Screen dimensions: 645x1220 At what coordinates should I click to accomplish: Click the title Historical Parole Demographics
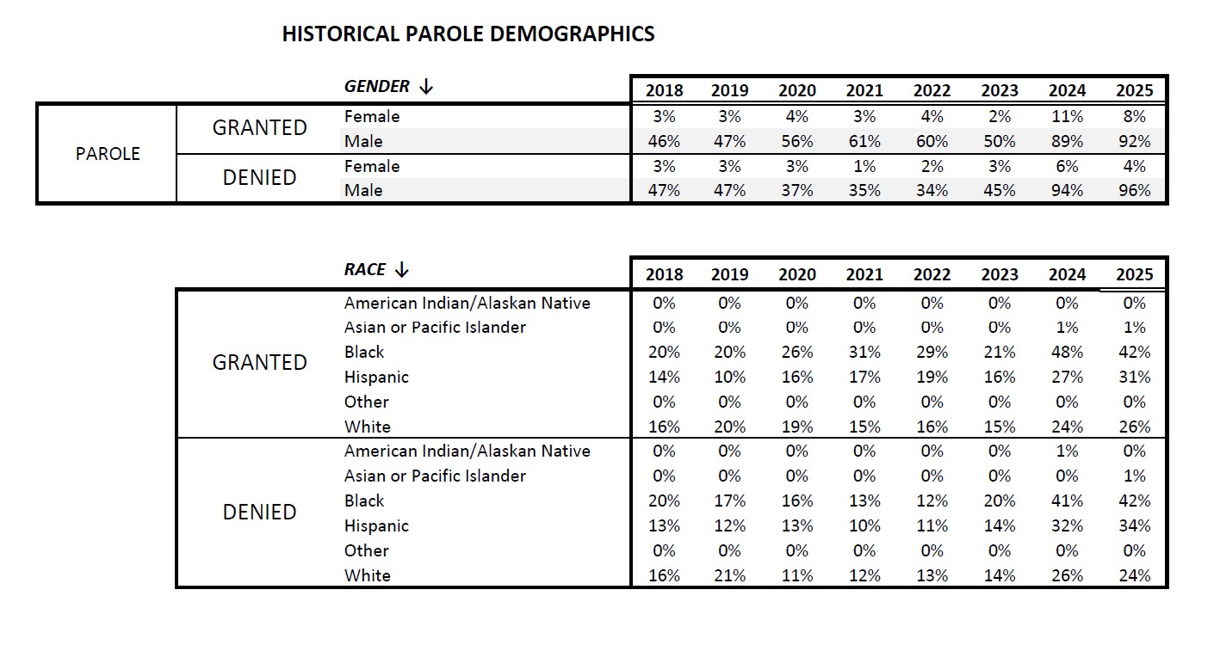468,34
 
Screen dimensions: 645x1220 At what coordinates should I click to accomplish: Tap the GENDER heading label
377,86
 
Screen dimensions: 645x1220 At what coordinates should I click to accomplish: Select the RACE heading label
365,269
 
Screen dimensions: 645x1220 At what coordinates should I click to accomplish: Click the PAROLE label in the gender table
108,154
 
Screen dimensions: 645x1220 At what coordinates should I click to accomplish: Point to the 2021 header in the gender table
864,90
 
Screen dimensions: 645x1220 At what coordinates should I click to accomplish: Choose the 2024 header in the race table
1067,274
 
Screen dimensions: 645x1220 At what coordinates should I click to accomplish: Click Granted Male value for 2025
1134,141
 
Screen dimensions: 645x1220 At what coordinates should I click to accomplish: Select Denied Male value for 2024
1067,190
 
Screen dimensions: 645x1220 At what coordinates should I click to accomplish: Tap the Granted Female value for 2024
1067,116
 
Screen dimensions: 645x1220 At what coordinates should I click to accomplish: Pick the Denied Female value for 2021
864,166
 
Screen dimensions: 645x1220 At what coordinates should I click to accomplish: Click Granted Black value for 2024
1067,352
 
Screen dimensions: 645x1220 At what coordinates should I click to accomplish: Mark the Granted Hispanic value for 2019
729,377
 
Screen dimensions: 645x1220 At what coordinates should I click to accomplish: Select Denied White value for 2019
729,575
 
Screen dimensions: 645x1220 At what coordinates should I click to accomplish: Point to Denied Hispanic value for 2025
1134,525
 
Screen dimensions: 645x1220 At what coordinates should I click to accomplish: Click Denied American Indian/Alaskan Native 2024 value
1067,451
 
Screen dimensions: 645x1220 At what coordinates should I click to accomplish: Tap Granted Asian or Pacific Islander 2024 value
1067,327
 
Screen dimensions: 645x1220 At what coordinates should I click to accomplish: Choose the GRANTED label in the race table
259,362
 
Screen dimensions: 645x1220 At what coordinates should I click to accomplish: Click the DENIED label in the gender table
259,178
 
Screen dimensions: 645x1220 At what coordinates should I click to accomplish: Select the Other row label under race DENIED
367,550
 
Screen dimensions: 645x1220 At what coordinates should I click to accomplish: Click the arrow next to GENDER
425,86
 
